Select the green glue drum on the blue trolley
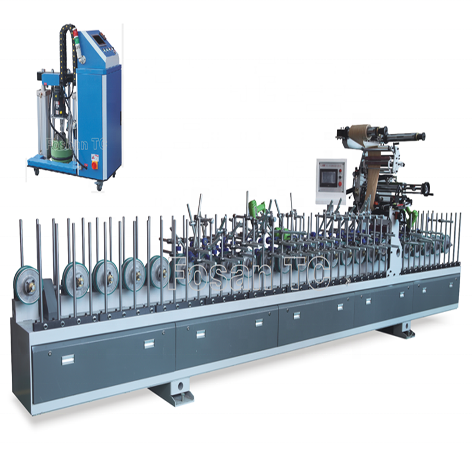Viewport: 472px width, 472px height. pos(63,154)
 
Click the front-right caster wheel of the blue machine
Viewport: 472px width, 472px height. pos(99,186)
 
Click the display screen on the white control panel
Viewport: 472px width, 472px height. pos(329,178)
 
